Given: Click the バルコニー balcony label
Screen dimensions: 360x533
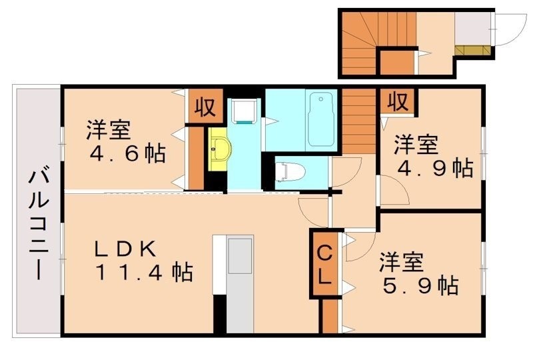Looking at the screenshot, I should click(37, 225).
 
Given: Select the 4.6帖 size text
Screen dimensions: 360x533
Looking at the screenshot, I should click(128, 154).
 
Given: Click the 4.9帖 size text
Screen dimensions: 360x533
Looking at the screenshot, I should click(434, 167).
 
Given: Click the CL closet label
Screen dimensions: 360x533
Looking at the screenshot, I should click(324, 265).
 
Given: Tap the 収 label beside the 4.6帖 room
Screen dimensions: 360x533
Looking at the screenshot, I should click(205, 107).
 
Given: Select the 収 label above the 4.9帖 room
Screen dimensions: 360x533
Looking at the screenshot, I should click(398, 101).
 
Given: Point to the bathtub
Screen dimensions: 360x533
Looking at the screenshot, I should click(322, 120).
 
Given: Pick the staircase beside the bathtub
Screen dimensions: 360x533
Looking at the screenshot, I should click(360, 123).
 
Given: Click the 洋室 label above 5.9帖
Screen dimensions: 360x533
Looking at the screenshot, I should click(401, 261).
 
